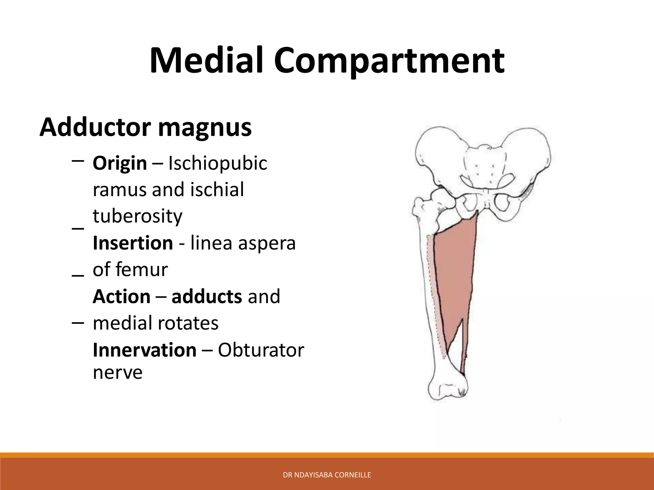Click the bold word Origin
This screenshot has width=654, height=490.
tap(120, 164)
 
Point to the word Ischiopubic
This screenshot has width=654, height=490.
tap(217, 164)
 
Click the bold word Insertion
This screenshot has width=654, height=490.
tap(133, 243)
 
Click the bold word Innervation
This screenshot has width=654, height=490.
tap(144, 350)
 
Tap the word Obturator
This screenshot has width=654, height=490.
tap(261, 350)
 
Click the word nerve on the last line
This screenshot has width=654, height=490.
tap(118, 372)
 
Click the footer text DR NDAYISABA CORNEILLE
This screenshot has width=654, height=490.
tap(327, 475)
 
